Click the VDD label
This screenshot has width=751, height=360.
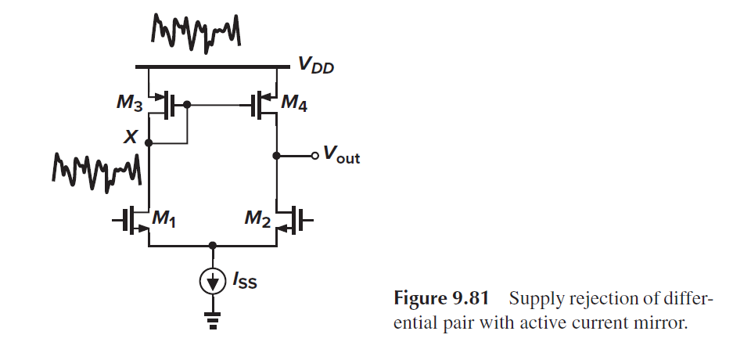coord(316,68)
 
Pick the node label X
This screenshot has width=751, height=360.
coord(134,138)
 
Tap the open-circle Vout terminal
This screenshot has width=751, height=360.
coord(315,156)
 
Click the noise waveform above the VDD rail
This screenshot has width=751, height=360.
coord(195,31)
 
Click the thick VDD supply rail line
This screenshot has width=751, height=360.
coord(211,67)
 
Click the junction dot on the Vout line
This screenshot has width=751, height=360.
coord(276,156)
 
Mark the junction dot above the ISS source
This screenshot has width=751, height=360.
coord(212,245)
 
